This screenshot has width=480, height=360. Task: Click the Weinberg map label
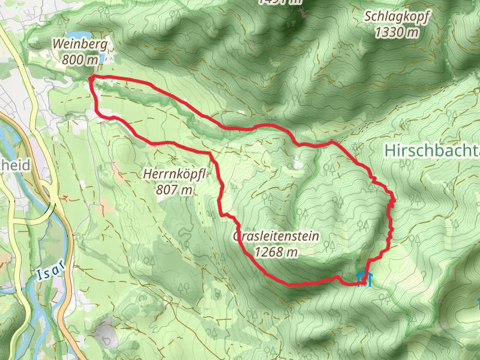tap(80, 44)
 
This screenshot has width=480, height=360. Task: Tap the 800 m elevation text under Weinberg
tap(80, 59)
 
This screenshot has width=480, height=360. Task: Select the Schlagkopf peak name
tap(396, 17)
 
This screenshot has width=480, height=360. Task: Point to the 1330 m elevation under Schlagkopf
tap(396, 32)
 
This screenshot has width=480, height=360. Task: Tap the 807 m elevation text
tap(175, 190)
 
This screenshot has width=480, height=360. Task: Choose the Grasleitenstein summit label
tap(275, 236)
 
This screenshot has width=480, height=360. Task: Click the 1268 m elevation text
tap(275, 253)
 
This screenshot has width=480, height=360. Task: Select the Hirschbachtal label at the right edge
tap(432, 149)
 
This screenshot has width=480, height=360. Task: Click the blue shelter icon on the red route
tap(364, 278)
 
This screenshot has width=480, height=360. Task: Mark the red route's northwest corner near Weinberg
tap(91, 78)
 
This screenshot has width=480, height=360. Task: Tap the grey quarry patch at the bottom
tap(106, 334)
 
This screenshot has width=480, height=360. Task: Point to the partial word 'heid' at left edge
tap(16, 165)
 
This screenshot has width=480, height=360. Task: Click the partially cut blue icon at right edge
tap(478, 304)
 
